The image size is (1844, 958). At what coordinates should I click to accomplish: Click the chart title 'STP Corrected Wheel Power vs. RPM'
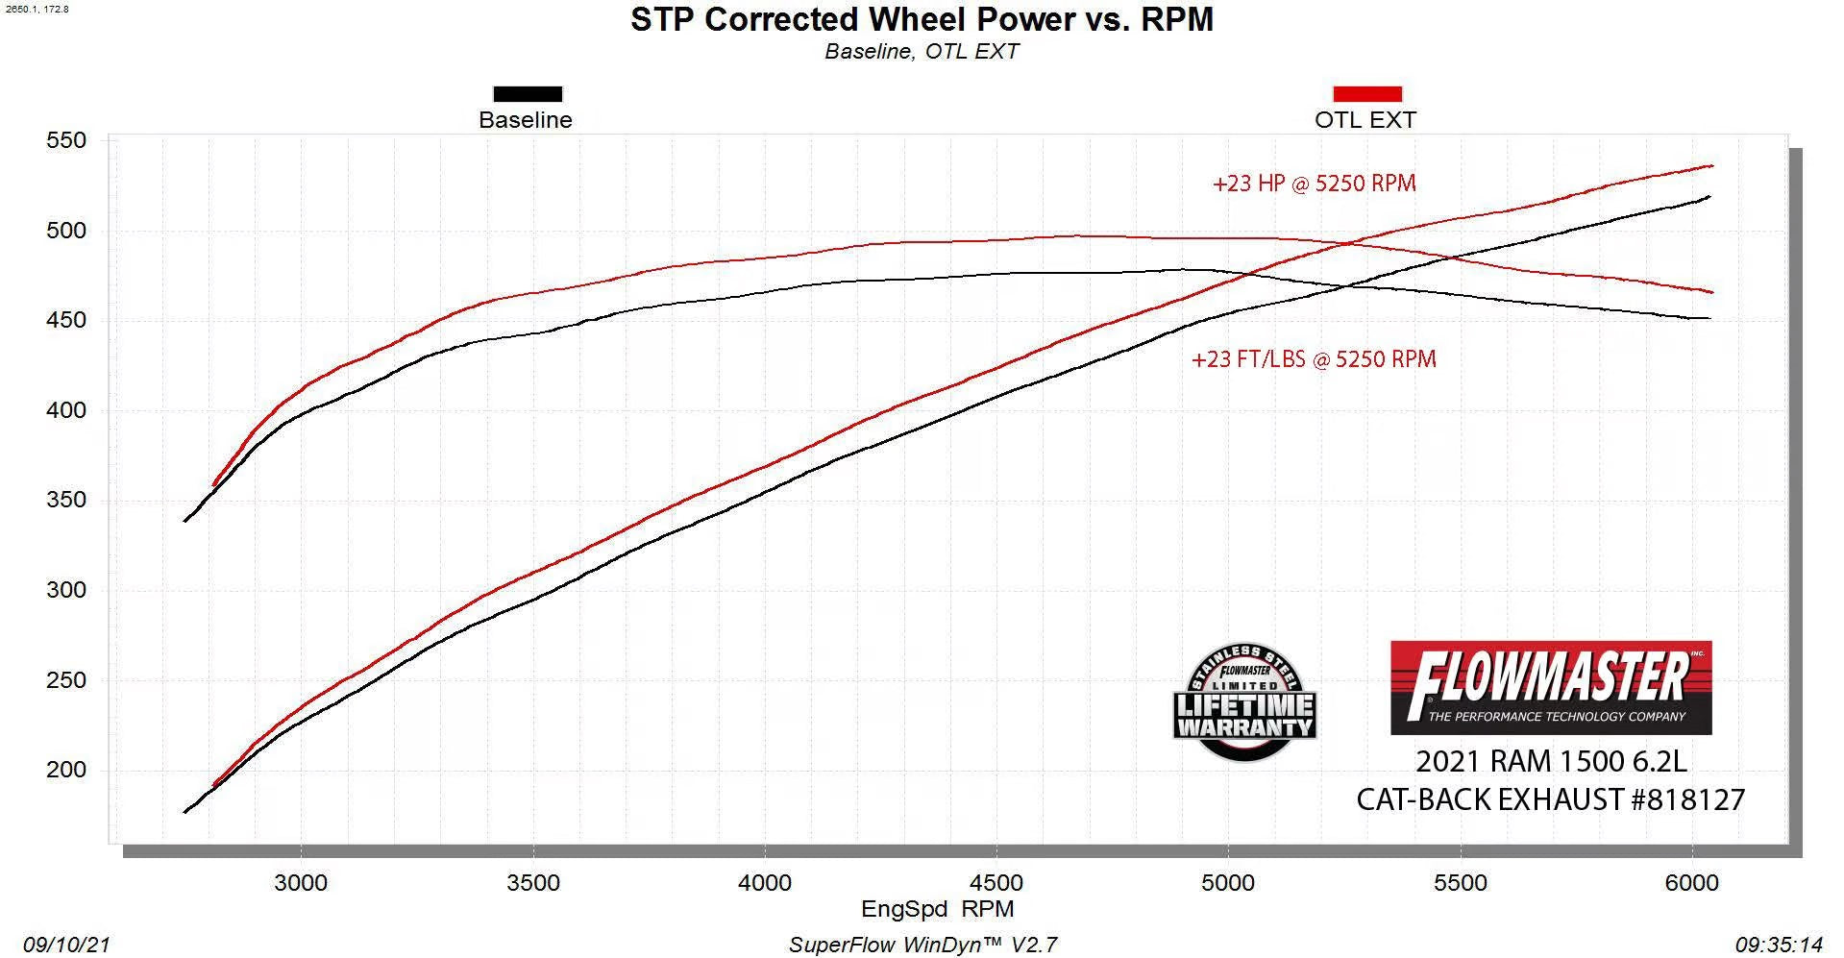[922, 19]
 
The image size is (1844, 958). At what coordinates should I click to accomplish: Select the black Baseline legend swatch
[528, 94]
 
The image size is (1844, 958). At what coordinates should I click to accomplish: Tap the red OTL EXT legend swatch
[1366, 94]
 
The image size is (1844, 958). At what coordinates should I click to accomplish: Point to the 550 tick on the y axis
[66, 140]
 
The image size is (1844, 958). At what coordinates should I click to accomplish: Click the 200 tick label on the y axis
[66, 770]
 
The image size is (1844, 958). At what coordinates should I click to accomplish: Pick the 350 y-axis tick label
[66, 500]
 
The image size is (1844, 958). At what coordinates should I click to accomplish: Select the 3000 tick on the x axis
[301, 882]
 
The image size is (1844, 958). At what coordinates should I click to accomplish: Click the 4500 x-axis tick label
[996, 882]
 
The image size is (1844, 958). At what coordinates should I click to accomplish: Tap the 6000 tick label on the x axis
[1692, 882]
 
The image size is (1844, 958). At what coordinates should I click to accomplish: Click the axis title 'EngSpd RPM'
[937, 909]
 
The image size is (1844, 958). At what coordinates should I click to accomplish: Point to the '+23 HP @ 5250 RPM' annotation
[1314, 184]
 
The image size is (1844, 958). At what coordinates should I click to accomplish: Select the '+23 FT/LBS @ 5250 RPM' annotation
[1314, 359]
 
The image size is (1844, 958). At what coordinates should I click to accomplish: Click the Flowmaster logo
[1551, 687]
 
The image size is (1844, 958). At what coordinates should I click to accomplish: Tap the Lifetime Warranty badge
[1244, 703]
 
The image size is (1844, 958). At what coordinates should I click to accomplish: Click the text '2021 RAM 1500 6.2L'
[1551, 761]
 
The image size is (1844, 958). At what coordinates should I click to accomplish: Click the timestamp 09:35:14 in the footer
[1779, 945]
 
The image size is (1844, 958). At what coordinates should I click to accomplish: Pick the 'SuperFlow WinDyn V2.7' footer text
[922, 945]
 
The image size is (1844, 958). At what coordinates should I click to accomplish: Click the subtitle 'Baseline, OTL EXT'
[922, 52]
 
